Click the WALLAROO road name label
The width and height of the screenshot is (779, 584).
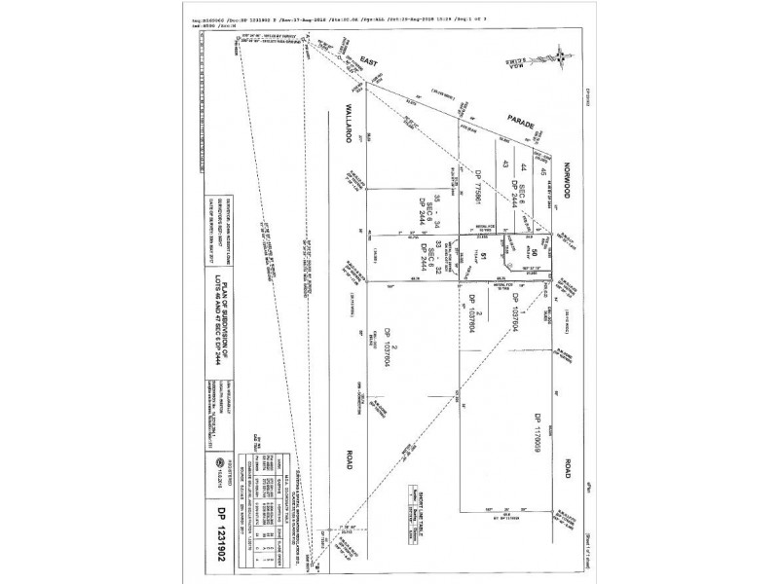click(345, 128)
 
